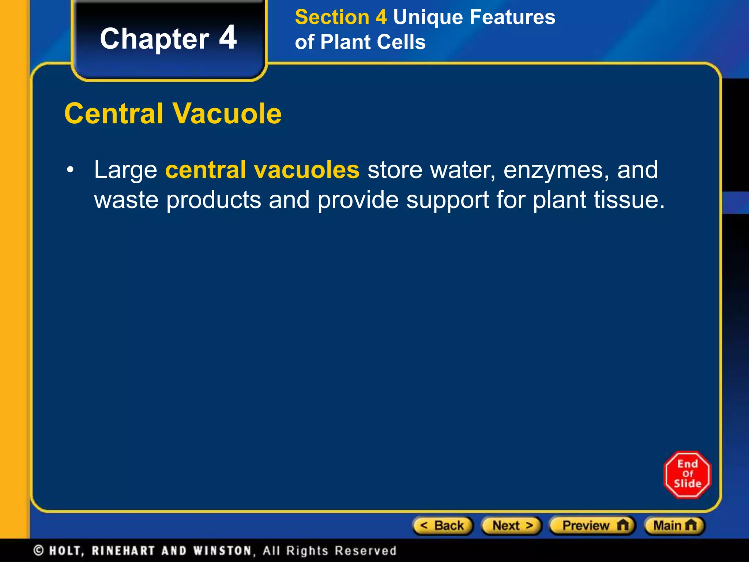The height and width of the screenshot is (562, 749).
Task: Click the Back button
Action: [x=443, y=526]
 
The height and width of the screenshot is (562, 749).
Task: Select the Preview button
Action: [x=592, y=526]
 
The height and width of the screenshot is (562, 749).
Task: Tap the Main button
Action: [x=674, y=526]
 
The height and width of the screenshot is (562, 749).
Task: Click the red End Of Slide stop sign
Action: [x=687, y=474]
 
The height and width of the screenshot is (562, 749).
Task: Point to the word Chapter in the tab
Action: [x=154, y=39]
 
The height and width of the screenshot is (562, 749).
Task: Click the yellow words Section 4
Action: [x=340, y=17]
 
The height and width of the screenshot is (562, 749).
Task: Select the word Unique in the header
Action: [x=428, y=17]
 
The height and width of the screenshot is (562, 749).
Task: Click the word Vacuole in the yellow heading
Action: [x=227, y=113]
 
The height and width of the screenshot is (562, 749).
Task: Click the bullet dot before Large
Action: [x=70, y=170]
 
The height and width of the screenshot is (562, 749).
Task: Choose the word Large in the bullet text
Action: [x=125, y=171]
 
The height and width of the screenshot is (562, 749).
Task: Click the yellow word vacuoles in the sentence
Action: [x=306, y=170]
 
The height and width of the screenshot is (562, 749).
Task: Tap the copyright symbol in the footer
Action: [x=38, y=550]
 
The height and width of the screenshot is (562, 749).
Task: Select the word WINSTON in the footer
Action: [x=223, y=551]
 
